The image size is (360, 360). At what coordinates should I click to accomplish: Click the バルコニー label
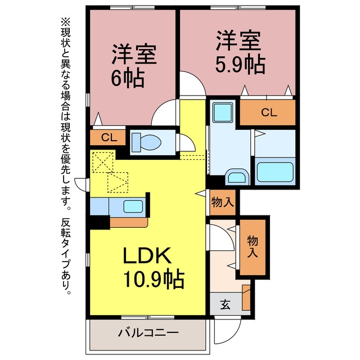click(x=148, y=333)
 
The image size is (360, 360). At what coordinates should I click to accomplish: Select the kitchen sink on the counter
click(x=133, y=206)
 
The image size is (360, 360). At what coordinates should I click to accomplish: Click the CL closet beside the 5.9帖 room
click(x=269, y=112)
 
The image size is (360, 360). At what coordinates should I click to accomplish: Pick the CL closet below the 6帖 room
click(x=109, y=138)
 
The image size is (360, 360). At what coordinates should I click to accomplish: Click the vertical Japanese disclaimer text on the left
click(x=68, y=157)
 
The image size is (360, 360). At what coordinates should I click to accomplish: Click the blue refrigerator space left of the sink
click(x=99, y=206)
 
